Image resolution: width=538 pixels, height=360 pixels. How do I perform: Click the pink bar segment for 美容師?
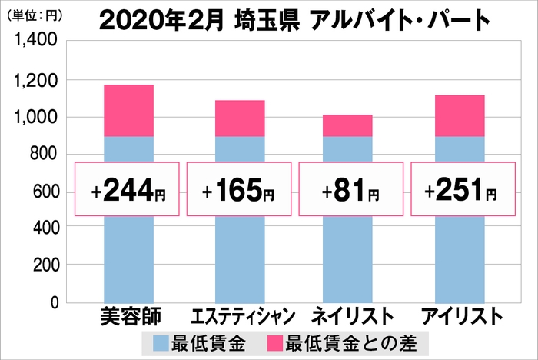click(x=128, y=111)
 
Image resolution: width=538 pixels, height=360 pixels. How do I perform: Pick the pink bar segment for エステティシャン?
click(x=240, y=118)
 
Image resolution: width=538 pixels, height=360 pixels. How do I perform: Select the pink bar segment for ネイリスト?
click(x=348, y=125)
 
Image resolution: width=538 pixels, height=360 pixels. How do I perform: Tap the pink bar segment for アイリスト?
click(x=460, y=115)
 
